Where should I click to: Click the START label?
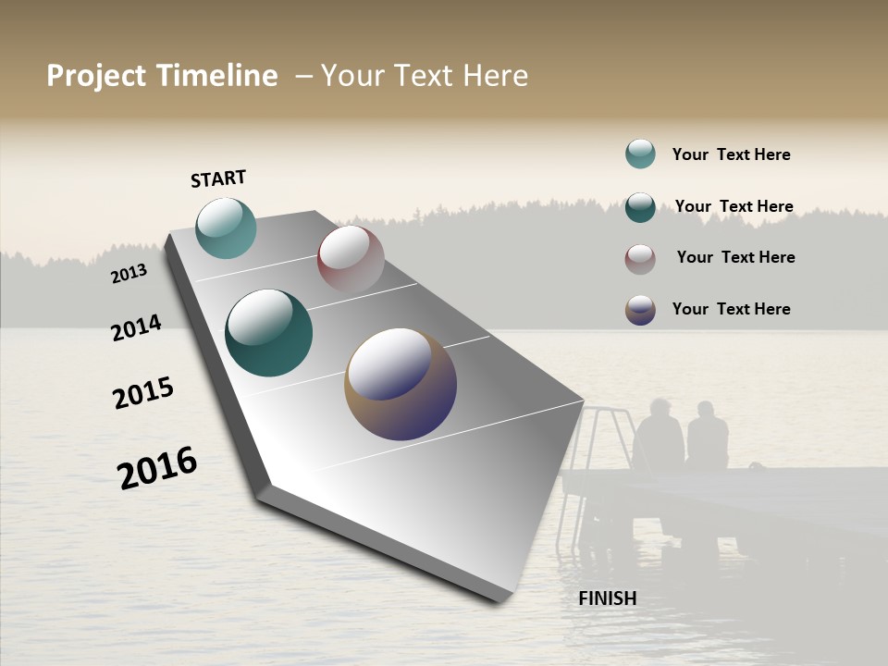pos(218,179)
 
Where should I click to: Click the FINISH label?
pos(607,598)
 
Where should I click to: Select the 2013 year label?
pos(129,274)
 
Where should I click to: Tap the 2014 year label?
pos(136,327)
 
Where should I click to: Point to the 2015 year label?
pos(143,392)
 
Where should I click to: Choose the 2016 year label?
pos(157,467)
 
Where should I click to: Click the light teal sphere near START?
pos(227,228)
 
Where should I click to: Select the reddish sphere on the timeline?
pos(351,259)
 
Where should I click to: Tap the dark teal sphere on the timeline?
pos(269,333)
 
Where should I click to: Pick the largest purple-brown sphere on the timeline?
pos(401,384)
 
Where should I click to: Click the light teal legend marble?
pos(640,154)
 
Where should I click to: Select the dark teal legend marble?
pos(640,207)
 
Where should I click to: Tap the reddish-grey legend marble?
pos(640,259)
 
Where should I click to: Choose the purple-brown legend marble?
pos(640,310)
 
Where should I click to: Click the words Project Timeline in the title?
pos(162,76)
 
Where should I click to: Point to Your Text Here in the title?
pos(424,76)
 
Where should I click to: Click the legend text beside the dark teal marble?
pos(734,206)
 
